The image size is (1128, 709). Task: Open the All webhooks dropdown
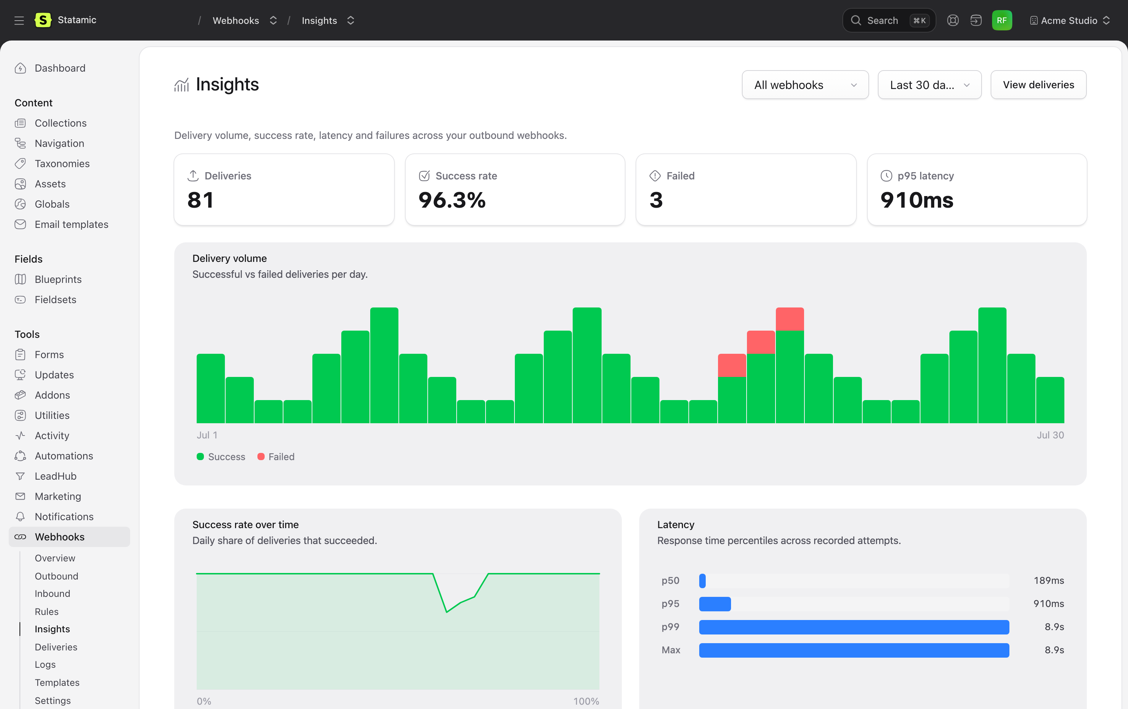(805, 85)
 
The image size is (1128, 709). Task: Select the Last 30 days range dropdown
(930, 85)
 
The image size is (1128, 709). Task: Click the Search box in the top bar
(889, 20)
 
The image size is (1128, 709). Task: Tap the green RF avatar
(1001, 20)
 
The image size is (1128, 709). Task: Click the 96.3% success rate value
(452, 200)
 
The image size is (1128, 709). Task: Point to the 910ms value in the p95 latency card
(917, 200)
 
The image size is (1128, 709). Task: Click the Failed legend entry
(276, 457)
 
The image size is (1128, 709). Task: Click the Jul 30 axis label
(1050, 435)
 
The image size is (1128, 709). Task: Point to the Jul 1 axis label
(207, 435)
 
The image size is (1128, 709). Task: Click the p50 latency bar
(702, 581)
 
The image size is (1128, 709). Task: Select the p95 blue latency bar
(715, 604)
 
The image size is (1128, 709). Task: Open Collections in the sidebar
(60, 123)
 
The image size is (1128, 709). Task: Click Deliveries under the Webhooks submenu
(56, 647)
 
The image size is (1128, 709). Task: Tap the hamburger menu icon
(19, 20)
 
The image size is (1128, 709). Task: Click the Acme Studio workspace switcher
(1069, 20)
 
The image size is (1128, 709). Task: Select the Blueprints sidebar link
(58, 279)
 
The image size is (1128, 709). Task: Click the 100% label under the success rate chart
(586, 701)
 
